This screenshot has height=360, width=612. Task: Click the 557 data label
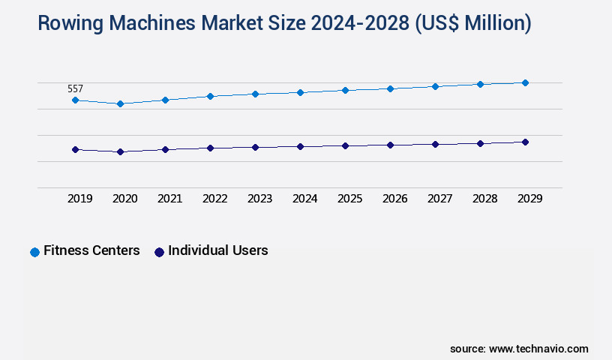coord(75,88)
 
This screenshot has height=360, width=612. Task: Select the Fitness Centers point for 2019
coord(75,100)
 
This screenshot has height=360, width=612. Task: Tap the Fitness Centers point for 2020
coord(120,103)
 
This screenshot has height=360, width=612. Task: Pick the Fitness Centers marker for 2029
coord(525,82)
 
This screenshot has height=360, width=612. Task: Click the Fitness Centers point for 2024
coord(300,92)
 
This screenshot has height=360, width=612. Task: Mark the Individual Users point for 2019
coord(75,149)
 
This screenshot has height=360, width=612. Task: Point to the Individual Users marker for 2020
coord(120,151)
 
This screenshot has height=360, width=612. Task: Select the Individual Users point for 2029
coord(525,142)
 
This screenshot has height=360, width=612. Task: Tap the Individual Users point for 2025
coord(345,145)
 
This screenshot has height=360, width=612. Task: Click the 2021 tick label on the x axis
coord(169,199)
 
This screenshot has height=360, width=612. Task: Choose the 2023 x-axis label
coord(259,199)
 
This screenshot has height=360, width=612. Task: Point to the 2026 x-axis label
coord(394,199)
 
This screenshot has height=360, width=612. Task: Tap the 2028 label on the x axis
coord(484,199)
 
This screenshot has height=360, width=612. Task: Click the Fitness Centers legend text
coord(91,250)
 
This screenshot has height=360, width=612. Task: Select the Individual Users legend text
coord(217,250)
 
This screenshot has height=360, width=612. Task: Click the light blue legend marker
coord(34,252)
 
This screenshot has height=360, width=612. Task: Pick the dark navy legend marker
coord(159,252)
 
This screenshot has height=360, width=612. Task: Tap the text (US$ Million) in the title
coord(472,24)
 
